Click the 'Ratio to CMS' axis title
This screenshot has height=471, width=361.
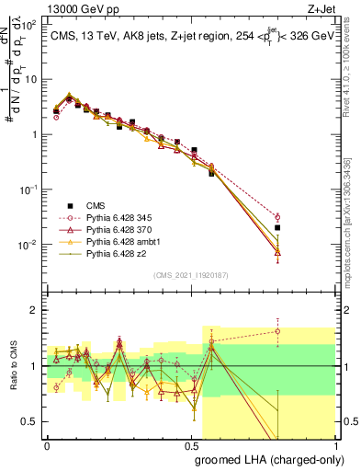[x=12, y=365]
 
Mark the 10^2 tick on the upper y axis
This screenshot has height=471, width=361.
[x=31, y=23]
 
